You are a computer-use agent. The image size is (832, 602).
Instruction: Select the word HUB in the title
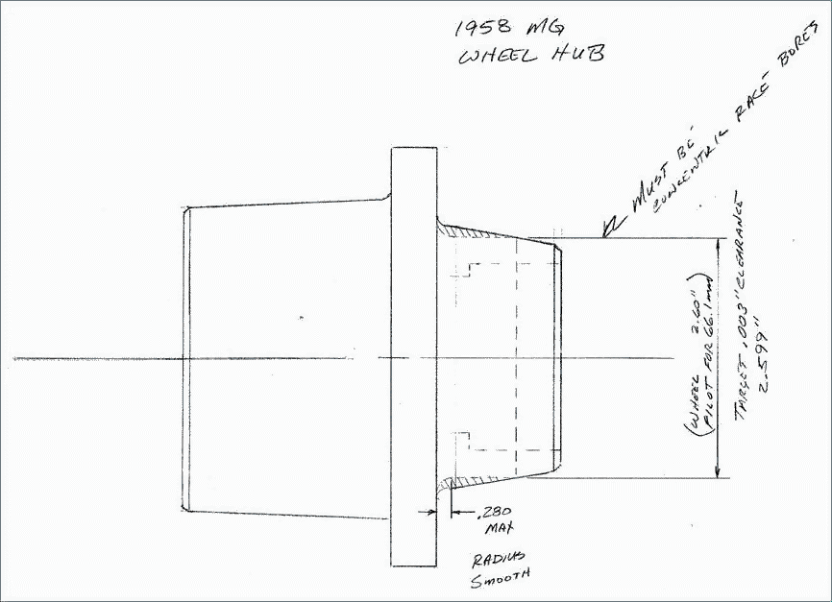click(x=578, y=55)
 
